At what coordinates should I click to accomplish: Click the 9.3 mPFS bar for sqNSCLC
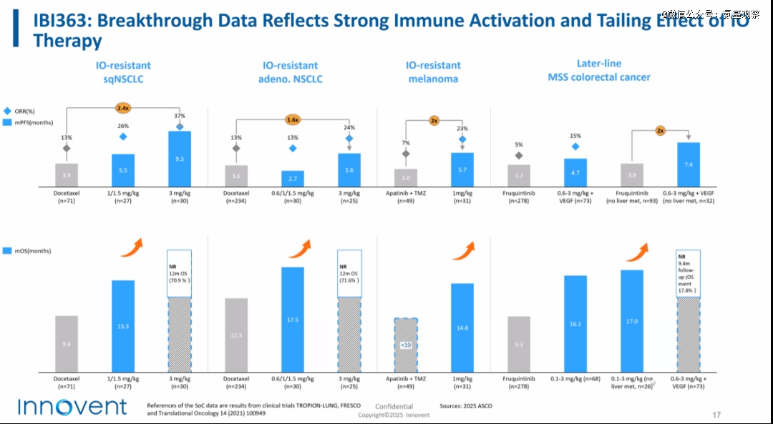tap(180, 158)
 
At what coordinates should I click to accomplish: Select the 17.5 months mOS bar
tap(293, 320)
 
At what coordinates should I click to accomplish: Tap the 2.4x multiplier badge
tap(122, 108)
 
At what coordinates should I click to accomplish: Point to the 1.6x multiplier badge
tap(293, 119)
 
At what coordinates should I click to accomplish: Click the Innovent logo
tap(72, 407)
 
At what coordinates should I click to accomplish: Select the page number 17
tap(716, 415)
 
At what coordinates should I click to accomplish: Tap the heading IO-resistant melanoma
tap(433, 72)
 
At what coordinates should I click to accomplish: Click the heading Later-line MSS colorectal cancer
tap(598, 70)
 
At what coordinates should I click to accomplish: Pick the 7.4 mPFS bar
tap(689, 164)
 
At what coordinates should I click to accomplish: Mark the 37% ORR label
tap(180, 116)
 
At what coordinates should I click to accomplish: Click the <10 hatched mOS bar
tap(405, 345)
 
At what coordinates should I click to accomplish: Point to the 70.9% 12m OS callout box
tap(180, 272)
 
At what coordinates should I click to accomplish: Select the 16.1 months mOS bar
tap(575, 324)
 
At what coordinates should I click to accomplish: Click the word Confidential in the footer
tap(394, 407)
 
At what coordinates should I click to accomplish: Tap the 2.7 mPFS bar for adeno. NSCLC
tap(293, 178)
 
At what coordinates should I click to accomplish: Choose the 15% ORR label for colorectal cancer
tap(575, 136)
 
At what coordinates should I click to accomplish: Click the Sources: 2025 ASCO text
tap(466, 406)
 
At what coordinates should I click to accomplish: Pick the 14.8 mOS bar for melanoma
tap(462, 327)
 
